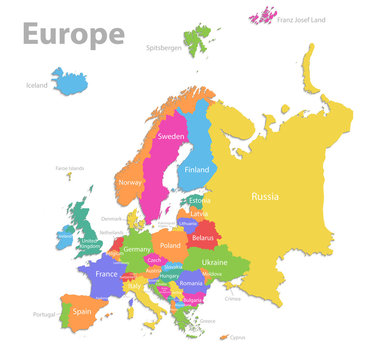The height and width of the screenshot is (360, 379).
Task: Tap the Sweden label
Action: click(x=171, y=136)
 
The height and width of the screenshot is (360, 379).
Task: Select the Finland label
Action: click(x=197, y=170)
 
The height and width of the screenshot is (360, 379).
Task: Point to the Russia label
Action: click(x=266, y=196)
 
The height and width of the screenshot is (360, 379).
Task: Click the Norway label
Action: click(x=131, y=183)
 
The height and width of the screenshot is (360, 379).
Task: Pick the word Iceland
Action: click(x=36, y=86)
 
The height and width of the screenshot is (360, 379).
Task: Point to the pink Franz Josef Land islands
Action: click(x=265, y=16)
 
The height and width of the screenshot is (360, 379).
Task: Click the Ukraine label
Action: click(x=214, y=262)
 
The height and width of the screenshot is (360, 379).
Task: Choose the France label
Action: click(x=106, y=273)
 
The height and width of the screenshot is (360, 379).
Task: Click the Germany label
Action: click(x=137, y=249)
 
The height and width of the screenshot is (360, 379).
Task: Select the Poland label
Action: click(x=170, y=245)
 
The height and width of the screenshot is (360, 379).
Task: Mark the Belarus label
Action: click(x=203, y=238)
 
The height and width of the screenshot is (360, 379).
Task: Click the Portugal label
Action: click(x=43, y=314)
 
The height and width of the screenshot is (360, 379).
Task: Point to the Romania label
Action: click(x=193, y=286)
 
